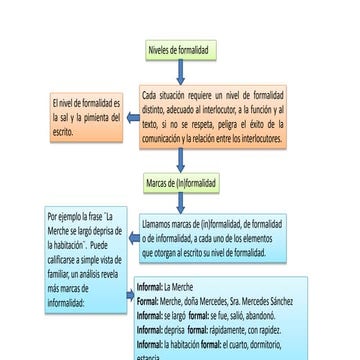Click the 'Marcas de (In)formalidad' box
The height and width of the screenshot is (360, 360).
coord(179,183)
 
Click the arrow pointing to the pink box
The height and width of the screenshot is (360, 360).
coord(131,116)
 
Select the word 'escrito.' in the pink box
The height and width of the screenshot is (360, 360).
coord(63,130)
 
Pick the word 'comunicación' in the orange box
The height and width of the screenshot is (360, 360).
coord(166,138)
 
